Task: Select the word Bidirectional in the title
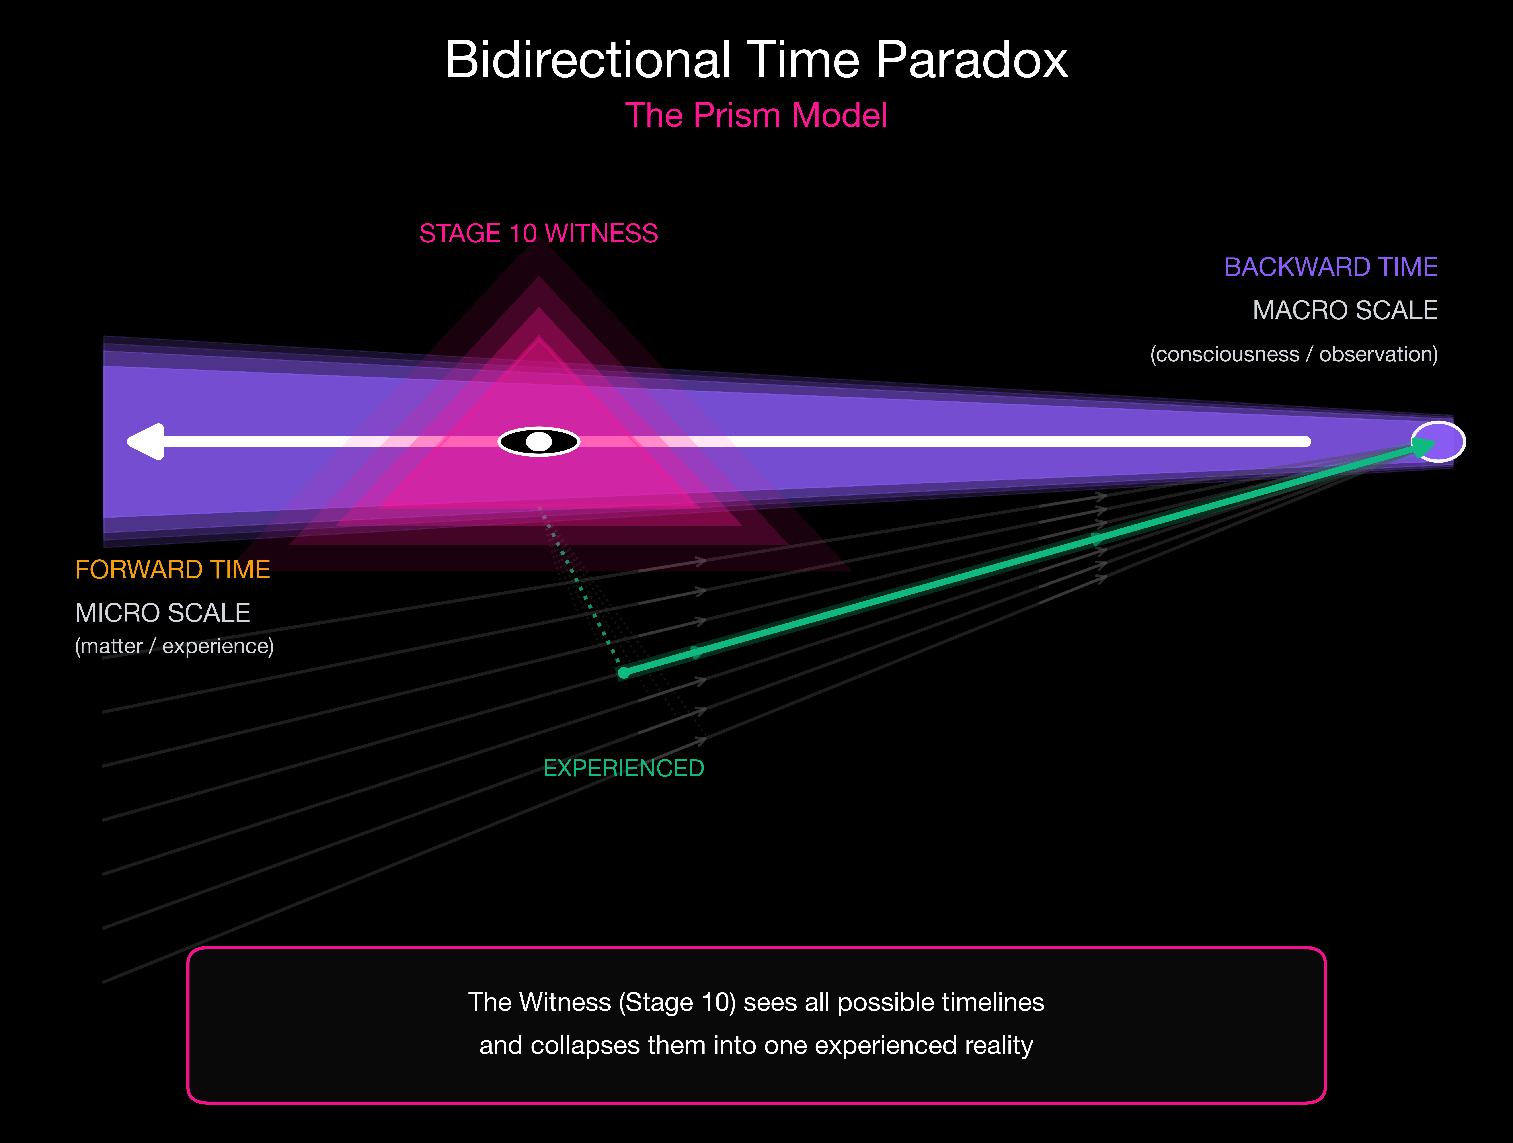[588, 60]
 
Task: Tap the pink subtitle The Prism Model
[756, 115]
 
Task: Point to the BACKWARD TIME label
[1330, 267]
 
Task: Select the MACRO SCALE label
[1345, 311]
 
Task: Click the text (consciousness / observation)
[1293, 354]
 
